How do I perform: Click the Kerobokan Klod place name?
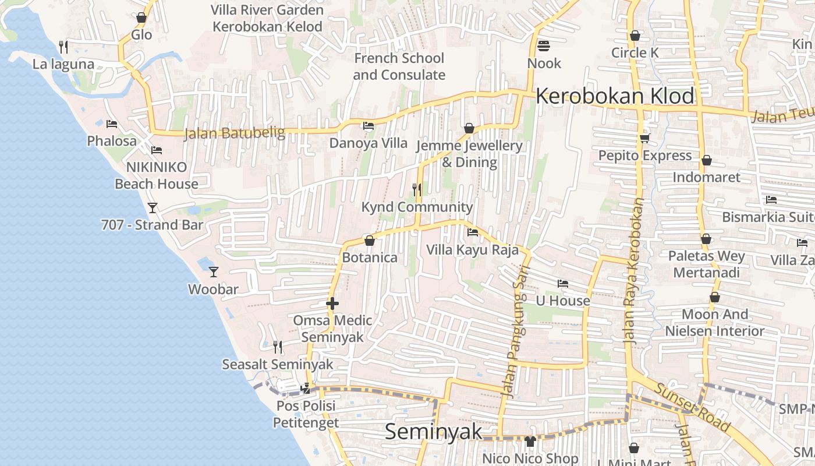[615, 96]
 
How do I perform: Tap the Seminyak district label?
[434, 432]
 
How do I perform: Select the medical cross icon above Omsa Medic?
[332, 303]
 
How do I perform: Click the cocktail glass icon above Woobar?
[214, 271]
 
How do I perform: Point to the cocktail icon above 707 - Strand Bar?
[153, 207]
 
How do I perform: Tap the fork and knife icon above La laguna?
[63, 47]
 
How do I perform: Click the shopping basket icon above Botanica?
[369, 240]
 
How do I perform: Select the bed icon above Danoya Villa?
[368, 126]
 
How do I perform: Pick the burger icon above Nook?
[544, 45]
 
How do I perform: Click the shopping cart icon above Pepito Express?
[644, 138]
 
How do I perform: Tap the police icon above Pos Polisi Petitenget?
[305, 388]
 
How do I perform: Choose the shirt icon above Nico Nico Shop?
[529, 442]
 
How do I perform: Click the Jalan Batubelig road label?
[235, 133]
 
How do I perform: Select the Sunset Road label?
[692, 408]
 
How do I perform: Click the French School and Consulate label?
[399, 66]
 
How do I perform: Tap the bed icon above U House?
[562, 284]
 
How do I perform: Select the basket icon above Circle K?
[635, 36]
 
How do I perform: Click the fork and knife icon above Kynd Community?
[417, 189]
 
